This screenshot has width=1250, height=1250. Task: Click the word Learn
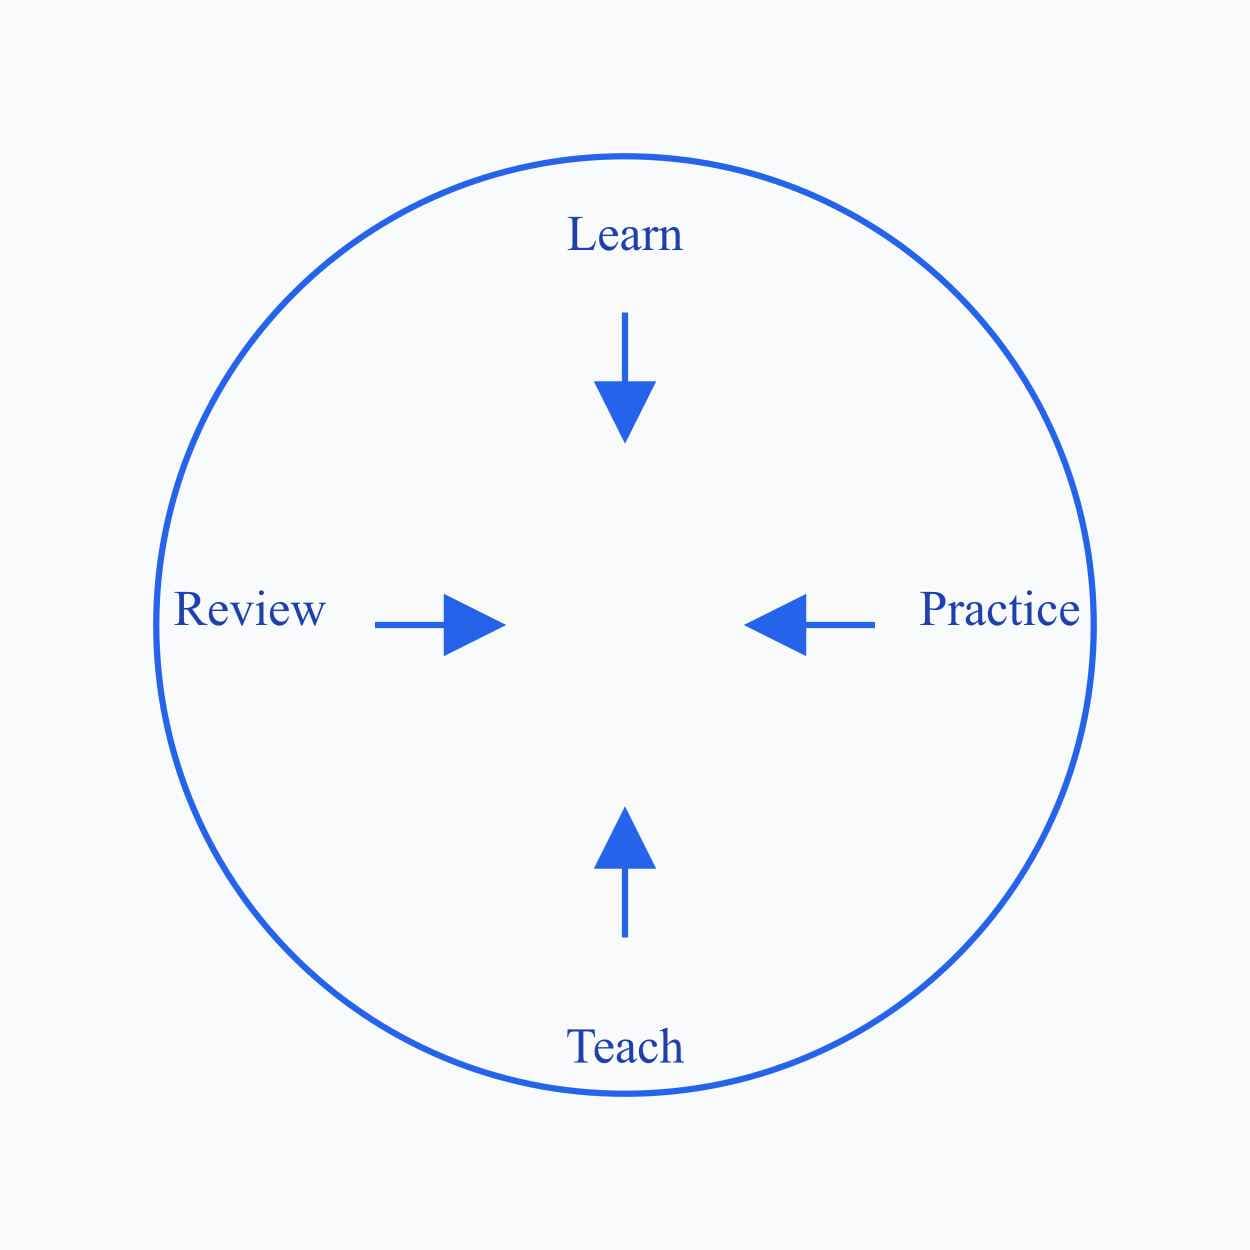[625, 235]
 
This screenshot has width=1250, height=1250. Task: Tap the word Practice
[999, 609]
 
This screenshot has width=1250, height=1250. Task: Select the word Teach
[625, 1047]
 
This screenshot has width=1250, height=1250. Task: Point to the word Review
[250, 609]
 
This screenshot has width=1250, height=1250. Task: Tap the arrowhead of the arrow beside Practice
[780, 625]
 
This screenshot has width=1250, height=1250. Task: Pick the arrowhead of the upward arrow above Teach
[625, 842]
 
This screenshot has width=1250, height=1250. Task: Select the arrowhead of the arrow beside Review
[470, 625]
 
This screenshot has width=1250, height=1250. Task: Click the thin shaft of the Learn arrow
[625, 346]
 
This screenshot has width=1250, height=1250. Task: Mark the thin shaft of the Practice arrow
[840, 625]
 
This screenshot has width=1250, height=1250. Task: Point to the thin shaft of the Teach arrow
[625, 902]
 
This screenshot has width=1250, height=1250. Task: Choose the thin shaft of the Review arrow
[409, 625]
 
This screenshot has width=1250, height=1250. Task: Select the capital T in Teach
[580, 1047]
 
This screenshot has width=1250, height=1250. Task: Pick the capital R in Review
[189, 609]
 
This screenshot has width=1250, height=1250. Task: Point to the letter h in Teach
[671, 1047]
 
